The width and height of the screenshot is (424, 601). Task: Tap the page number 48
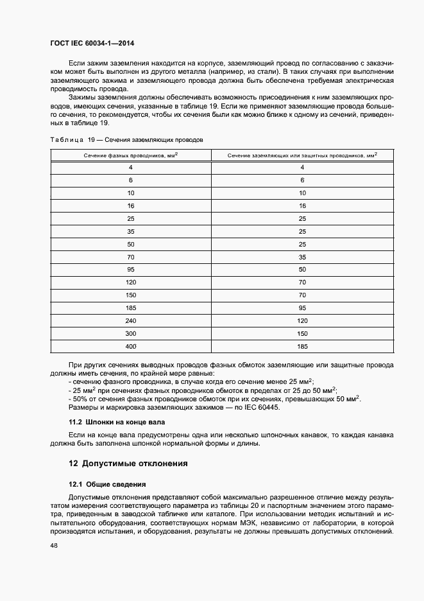pyautogui.click(x=53, y=545)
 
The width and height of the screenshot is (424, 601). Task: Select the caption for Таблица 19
pyautogui.click(x=126, y=139)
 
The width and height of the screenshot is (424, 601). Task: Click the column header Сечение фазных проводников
pyautogui.click(x=130, y=155)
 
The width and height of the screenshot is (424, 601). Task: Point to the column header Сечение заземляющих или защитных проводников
pyautogui.click(x=301, y=155)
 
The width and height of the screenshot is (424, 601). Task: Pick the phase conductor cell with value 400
pyautogui.click(x=130, y=346)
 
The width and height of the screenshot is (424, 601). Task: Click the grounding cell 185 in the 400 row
pyautogui.click(x=301, y=346)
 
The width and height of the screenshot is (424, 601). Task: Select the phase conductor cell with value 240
pyautogui.click(x=130, y=320)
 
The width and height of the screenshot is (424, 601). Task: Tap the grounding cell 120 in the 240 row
pyautogui.click(x=301, y=320)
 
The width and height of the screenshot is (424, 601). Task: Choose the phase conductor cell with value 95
pyautogui.click(x=130, y=269)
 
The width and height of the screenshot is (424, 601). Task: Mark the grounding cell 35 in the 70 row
pyautogui.click(x=301, y=256)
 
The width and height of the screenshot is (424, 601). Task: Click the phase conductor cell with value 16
pyautogui.click(x=130, y=205)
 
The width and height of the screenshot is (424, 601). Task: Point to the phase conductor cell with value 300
pyautogui.click(x=130, y=333)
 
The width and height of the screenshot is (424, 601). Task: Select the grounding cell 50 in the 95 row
pyautogui.click(x=301, y=269)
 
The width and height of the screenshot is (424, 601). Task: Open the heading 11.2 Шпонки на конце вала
pyautogui.click(x=117, y=422)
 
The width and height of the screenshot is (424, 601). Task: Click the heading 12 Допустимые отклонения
pyautogui.click(x=128, y=464)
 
